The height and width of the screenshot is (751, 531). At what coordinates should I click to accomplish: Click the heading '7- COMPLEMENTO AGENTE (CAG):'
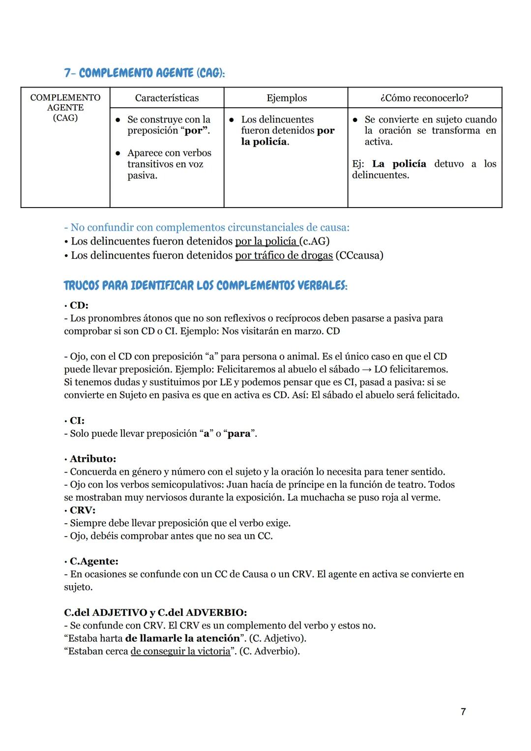pyautogui.click(x=144, y=73)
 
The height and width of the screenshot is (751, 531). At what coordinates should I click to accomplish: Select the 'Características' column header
pyautogui.click(x=167, y=98)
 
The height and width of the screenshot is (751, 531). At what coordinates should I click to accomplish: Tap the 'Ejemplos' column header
pyautogui.click(x=286, y=98)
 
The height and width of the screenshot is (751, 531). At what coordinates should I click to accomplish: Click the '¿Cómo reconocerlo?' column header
pyautogui.click(x=424, y=98)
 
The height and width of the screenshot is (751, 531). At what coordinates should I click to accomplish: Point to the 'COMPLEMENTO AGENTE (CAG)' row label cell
pyautogui.click(x=65, y=108)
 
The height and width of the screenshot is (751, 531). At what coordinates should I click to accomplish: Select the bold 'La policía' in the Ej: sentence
pyautogui.click(x=399, y=164)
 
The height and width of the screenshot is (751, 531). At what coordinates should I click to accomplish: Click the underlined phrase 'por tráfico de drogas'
pyautogui.click(x=284, y=255)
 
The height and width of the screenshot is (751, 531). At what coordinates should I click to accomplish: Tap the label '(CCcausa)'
pyautogui.click(x=359, y=255)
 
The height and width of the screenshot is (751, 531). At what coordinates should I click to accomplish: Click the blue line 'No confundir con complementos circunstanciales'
pyautogui.click(x=206, y=227)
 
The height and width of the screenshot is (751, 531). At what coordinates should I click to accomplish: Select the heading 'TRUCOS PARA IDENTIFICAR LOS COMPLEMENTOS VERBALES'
pyautogui.click(x=206, y=286)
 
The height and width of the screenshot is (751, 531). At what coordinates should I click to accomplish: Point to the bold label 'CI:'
pyautogui.click(x=77, y=421)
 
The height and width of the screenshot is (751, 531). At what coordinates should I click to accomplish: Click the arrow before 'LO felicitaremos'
pyautogui.click(x=367, y=369)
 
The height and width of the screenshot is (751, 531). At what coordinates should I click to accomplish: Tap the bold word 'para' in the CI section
pyautogui.click(x=239, y=433)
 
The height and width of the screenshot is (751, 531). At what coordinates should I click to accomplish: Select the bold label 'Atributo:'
pyautogui.click(x=92, y=459)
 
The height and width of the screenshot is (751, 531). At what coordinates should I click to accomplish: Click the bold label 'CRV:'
pyautogui.click(x=83, y=510)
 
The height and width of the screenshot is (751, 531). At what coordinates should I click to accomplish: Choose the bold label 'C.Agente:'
pyautogui.click(x=93, y=561)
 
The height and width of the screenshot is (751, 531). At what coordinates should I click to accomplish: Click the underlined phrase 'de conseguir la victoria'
pyautogui.click(x=180, y=651)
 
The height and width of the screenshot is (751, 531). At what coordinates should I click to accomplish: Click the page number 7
pyautogui.click(x=463, y=712)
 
